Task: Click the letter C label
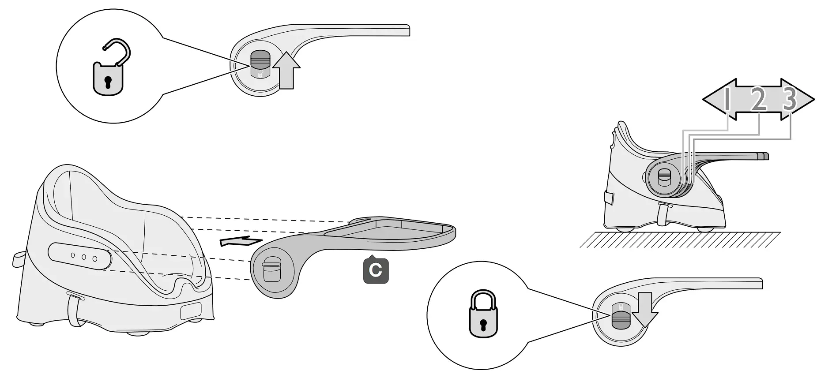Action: pyautogui.click(x=376, y=270)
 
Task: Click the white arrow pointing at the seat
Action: pyautogui.click(x=241, y=241)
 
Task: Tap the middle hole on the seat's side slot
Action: pyautogui.click(x=83, y=257)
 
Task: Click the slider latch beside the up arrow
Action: pyautogui.click(x=260, y=64)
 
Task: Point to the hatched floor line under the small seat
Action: pyautogui.click(x=680, y=239)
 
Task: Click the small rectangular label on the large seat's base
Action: pyautogui.click(x=191, y=311)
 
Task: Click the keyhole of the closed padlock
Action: pyautogui.click(x=483, y=325)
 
